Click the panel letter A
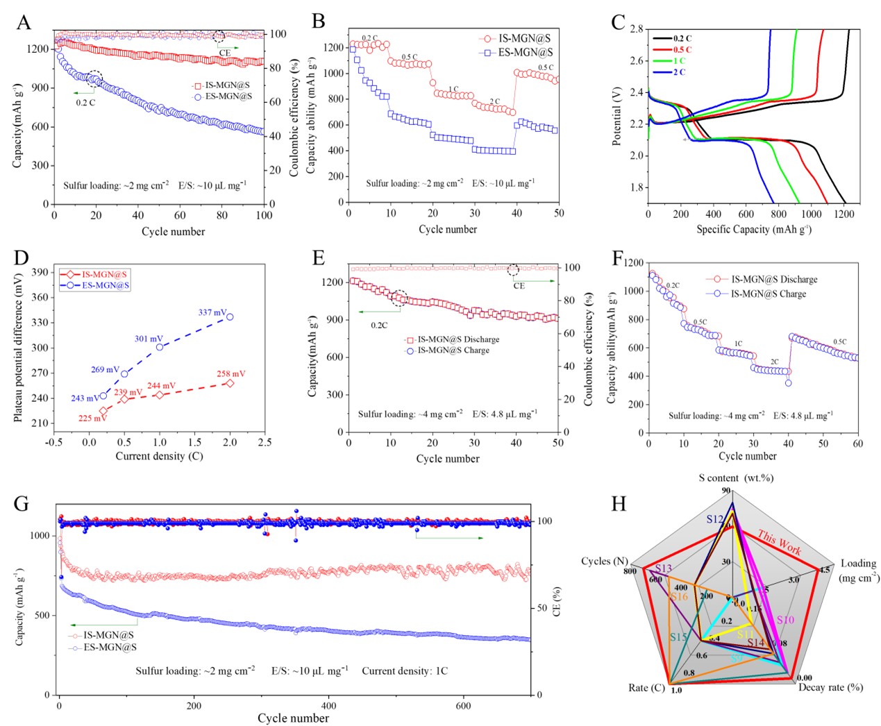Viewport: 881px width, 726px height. (x=24, y=22)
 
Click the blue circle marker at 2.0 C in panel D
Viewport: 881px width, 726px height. (x=230, y=316)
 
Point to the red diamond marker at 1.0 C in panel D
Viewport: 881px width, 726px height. (x=160, y=395)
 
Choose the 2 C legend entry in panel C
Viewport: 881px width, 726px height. (x=678, y=72)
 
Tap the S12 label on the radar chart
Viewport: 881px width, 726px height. (x=715, y=519)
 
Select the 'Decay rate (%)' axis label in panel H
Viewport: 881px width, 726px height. (x=830, y=687)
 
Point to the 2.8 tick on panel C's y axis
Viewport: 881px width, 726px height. (x=636, y=28)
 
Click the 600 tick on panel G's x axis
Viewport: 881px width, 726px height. (x=463, y=706)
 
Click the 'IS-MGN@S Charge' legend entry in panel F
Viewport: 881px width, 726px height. (x=768, y=294)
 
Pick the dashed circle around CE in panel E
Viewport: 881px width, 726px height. (x=514, y=269)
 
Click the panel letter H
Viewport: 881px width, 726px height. (x=618, y=503)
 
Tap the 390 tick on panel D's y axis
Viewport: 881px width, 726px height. (x=39, y=272)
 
